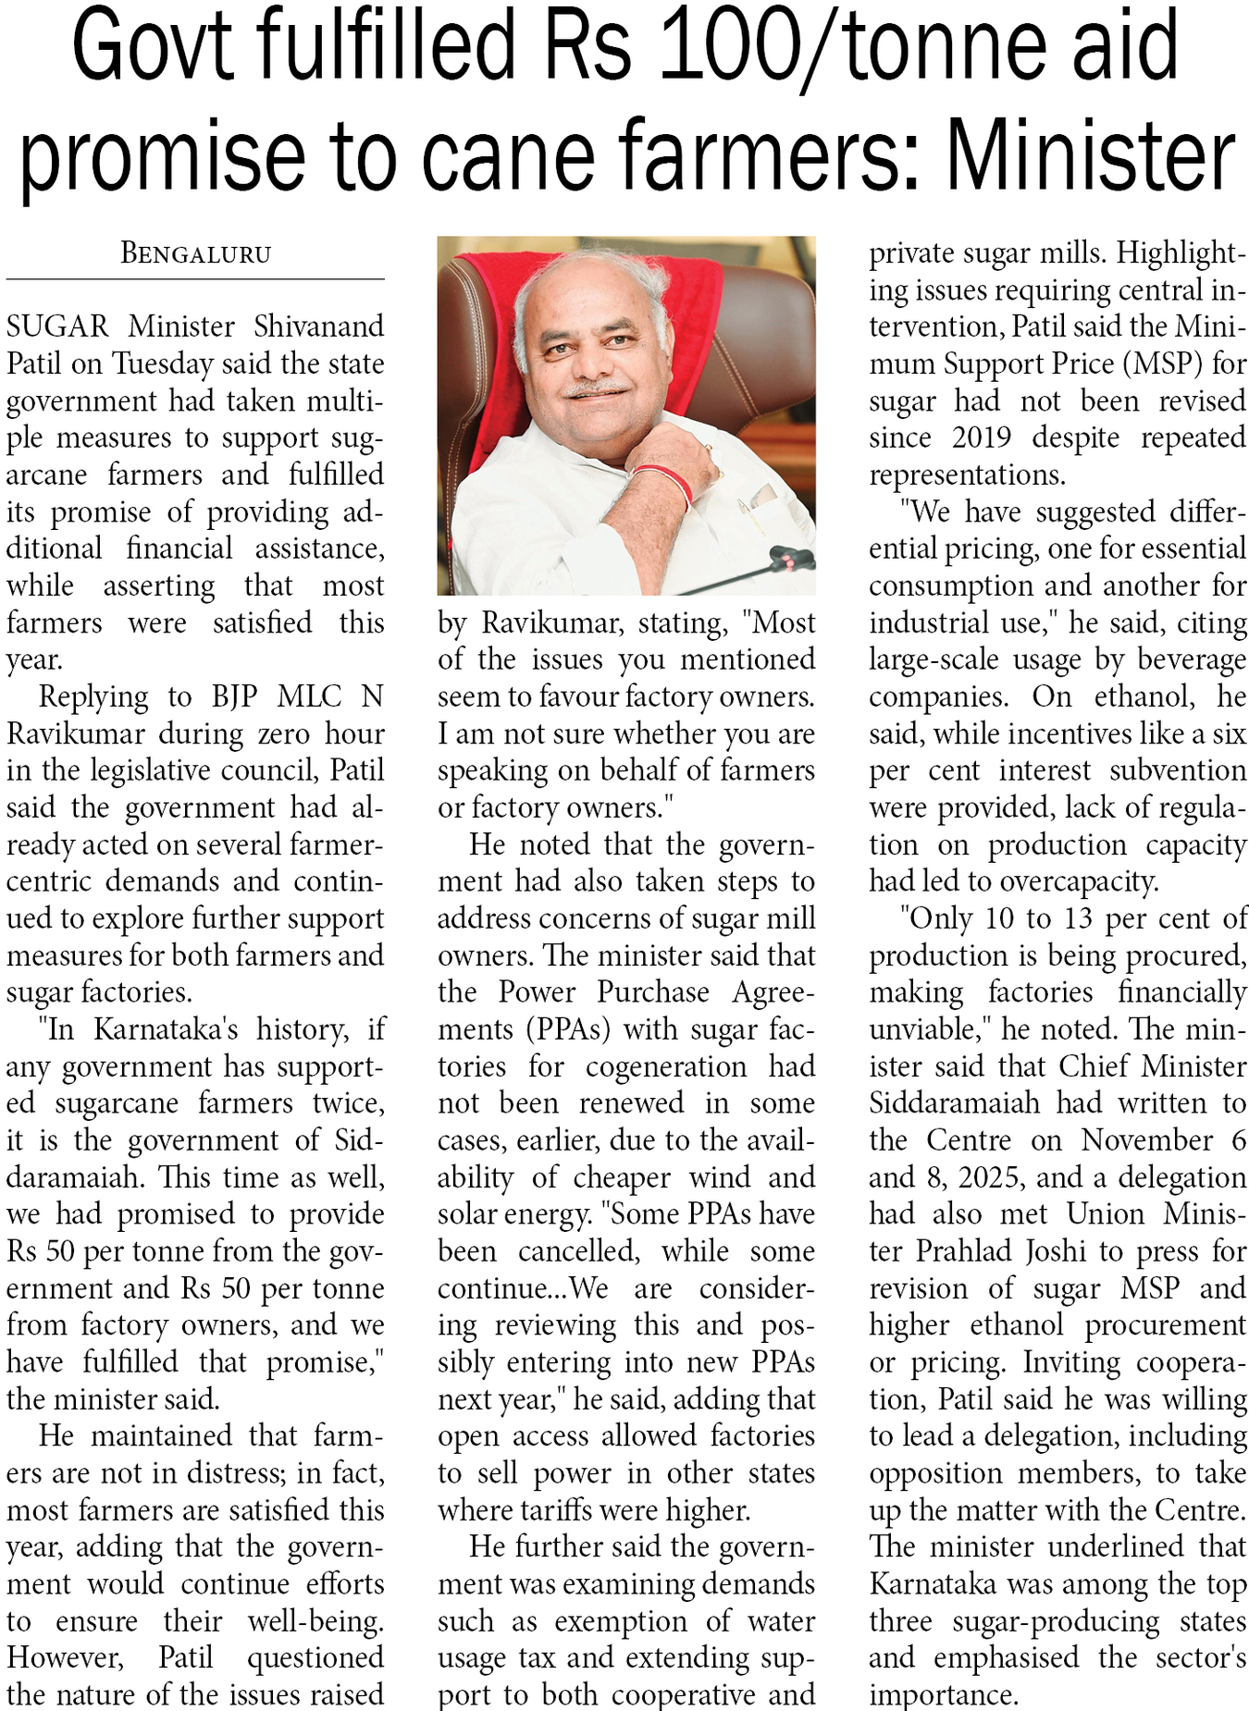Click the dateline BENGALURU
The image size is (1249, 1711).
tap(195, 253)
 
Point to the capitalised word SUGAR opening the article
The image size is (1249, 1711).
tap(57, 326)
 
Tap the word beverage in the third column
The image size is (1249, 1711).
tap(1193, 659)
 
